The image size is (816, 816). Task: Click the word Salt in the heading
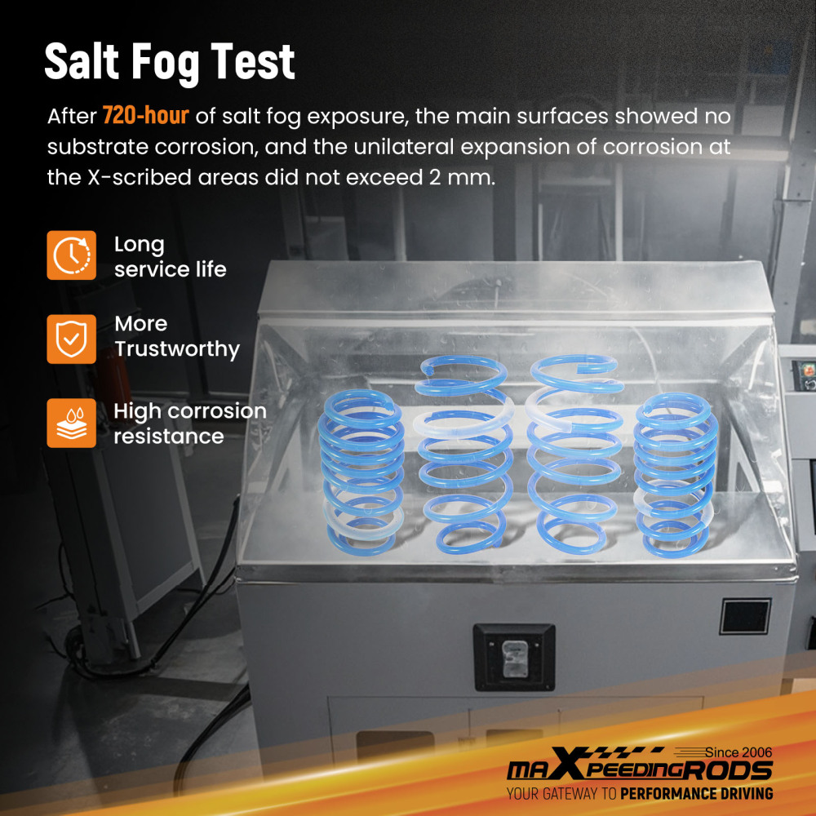point(82,61)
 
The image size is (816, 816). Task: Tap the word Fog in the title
point(165,64)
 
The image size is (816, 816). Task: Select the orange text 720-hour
point(146,115)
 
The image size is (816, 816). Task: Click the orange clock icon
point(71,255)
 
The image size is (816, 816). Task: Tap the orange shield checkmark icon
point(71,339)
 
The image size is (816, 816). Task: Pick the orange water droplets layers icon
point(71,423)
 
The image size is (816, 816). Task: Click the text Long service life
point(171,256)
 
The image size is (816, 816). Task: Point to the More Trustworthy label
point(177,337)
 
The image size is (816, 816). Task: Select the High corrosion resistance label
point(190,423)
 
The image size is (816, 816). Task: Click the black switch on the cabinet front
point(514,657)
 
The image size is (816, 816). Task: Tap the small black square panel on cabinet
point(745,616)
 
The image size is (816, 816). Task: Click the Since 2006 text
point(738,752)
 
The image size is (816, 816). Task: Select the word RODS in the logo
point(728,770)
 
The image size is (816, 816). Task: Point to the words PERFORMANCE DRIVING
point(696,794)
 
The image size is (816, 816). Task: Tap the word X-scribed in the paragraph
point(139,177)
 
